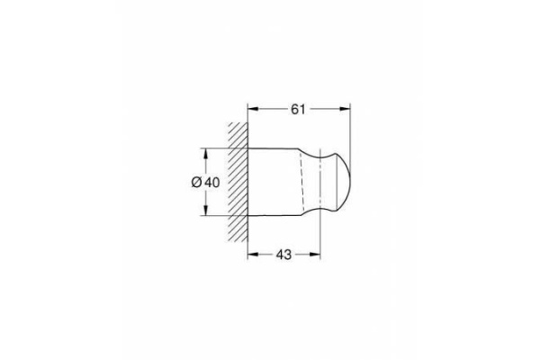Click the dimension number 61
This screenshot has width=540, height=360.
[298, 109]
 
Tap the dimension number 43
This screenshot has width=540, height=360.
[283, 255]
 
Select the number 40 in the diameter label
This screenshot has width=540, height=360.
[211, 182]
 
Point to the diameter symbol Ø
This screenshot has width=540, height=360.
[196, 182]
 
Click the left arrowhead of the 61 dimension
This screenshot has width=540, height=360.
[253, 109]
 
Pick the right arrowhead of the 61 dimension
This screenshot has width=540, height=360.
[345, 109]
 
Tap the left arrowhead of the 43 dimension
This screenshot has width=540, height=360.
[253, 255]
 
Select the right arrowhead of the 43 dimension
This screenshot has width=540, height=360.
[315, 255]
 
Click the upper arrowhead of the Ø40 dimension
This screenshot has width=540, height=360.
[205, 154]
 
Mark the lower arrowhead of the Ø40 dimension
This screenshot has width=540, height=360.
[205, 211]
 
